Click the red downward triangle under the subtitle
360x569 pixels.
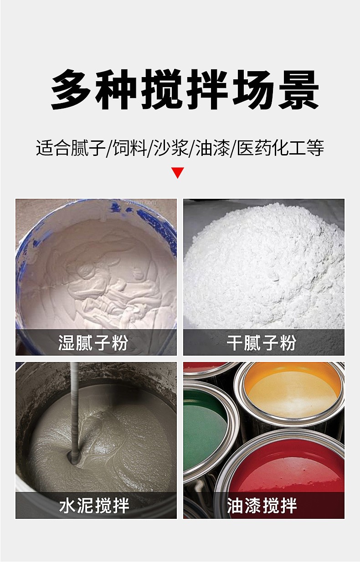point(178,173)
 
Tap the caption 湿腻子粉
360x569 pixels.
point(93,342)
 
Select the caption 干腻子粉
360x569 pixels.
point(262,342)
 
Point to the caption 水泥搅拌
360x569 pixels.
point(94,506)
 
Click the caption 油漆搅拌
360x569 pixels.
point(262,506)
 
